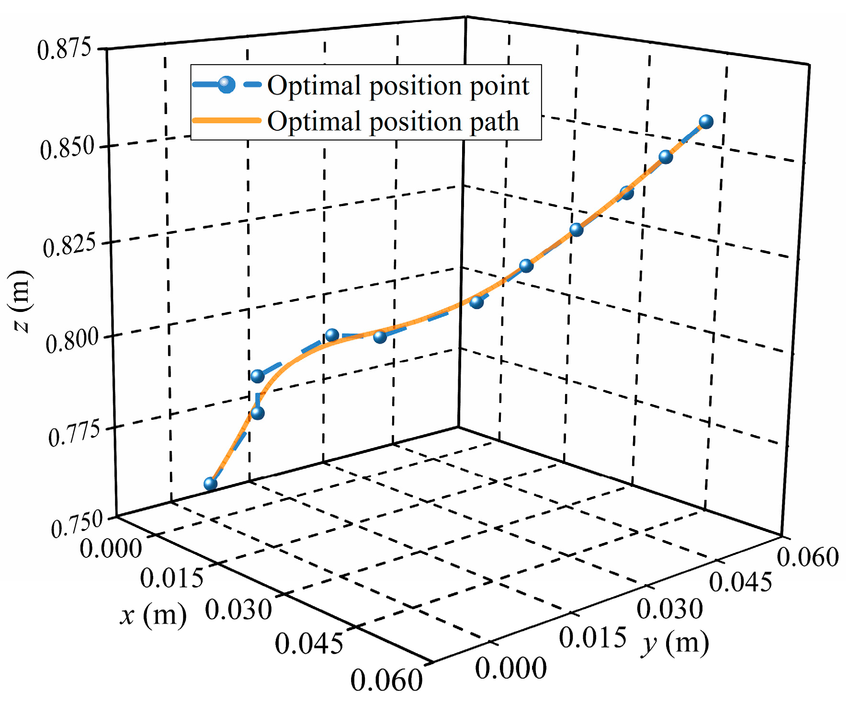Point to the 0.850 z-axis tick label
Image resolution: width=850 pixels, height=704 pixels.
(x=68, y=148)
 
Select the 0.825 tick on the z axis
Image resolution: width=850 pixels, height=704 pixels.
(x=70, y=246)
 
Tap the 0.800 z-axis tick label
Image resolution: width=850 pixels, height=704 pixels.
(x=73, y=342)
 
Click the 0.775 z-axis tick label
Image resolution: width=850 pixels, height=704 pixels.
(x=75, y=434)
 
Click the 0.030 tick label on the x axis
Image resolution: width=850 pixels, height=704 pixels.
(x=238, y=610)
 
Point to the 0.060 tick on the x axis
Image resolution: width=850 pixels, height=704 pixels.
(x=386, y=680)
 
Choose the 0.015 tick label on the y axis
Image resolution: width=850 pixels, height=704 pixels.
(x=592, y=638)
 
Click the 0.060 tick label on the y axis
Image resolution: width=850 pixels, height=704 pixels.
(x=807, y=557)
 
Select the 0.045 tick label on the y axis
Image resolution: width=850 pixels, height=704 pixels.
(x=740, y=582)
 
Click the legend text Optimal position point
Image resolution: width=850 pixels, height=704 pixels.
(x=398, y=86)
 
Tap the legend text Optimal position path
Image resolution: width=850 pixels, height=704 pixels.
(x=393, y=121)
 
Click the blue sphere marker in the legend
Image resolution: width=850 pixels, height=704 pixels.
(x=226, y=85)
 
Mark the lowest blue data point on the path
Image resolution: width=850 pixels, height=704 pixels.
(x=210, y=484)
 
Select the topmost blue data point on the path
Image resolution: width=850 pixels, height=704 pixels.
(x=706, y=122)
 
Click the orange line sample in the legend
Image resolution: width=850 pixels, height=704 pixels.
(x=226, y=120)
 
